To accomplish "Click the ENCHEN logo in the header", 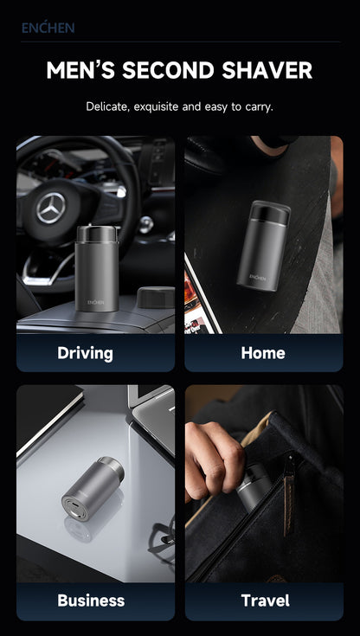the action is tap(48, 28).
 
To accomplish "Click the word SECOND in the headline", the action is tap(168, 70).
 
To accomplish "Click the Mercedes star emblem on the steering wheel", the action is tap(51, 208).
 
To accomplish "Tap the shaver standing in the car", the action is tap(97, 268).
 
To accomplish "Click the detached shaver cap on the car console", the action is tap(156, 298).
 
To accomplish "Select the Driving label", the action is tap(85, 353).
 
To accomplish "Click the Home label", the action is tap(263, 353).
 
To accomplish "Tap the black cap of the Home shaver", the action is tap(269, 212).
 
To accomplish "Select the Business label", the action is tap(92, 601).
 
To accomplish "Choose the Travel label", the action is tap(266, 601).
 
